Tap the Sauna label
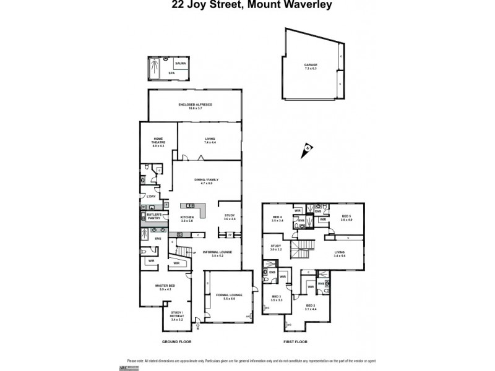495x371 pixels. coord(181,64)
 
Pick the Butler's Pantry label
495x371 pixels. coord(154,217)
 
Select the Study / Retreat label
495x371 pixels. coord(176,318)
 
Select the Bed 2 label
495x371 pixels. coord(311,307)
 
